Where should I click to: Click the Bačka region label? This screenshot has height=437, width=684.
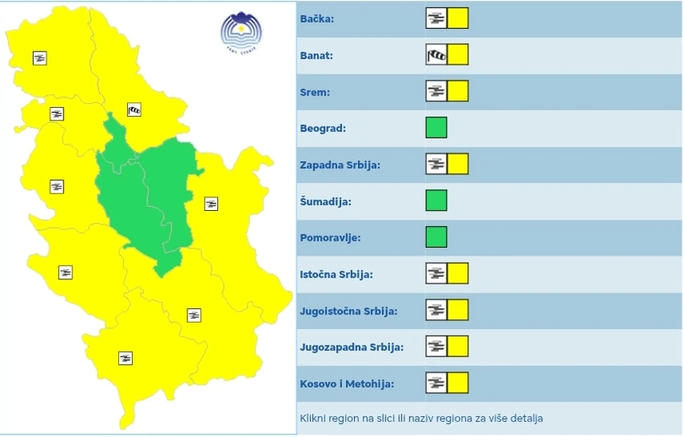318,19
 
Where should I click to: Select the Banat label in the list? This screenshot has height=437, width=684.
316,56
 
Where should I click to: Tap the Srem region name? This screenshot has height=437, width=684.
315,92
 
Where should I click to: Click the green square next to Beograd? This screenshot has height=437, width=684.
436,128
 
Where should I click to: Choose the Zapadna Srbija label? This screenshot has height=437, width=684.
340,165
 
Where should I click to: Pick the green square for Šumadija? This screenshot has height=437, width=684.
436,200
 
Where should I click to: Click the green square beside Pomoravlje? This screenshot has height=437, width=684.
436,237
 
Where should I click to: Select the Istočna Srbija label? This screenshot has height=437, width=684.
336,274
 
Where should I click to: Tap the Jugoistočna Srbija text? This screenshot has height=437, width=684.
348,311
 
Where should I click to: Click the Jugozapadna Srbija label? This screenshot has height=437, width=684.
352,347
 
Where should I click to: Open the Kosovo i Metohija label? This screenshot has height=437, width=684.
347,384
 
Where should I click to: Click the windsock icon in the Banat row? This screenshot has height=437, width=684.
435,55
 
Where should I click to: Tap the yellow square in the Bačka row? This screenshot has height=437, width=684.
458,19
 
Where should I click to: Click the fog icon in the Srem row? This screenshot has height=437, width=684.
435,92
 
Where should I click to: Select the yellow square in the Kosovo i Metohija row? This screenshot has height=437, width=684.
458,383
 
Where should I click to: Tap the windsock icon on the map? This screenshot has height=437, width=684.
134,109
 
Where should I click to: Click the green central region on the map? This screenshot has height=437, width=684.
145,201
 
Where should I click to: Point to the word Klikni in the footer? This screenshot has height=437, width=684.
315,418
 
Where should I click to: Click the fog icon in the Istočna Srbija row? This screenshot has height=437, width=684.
435,274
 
